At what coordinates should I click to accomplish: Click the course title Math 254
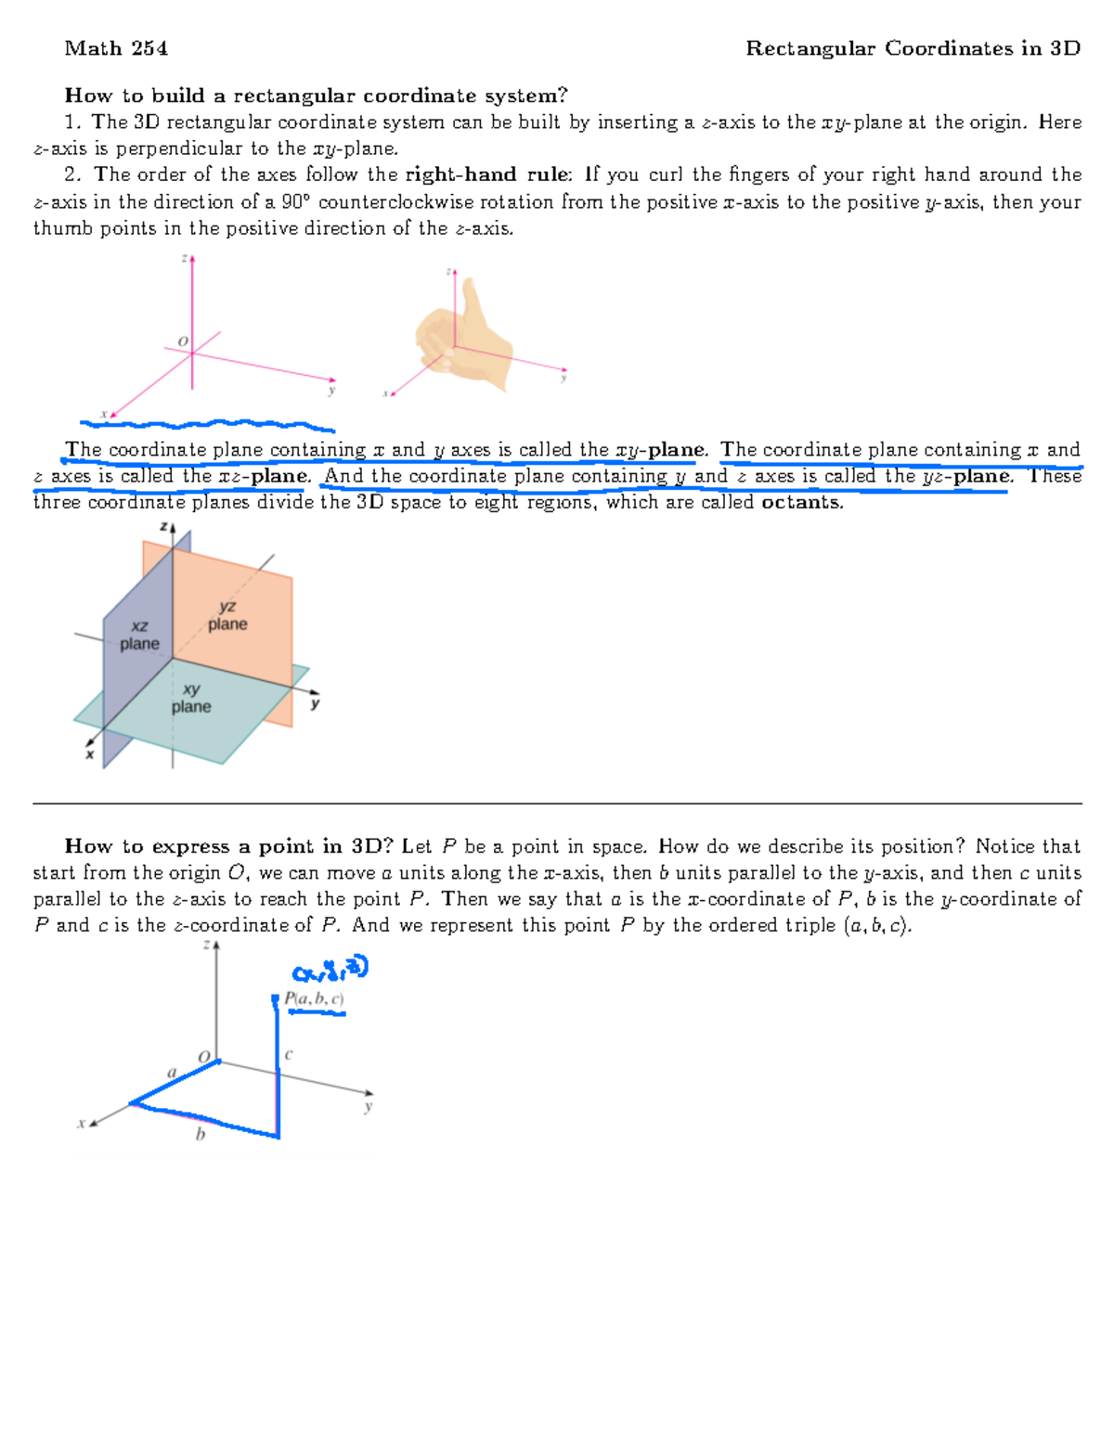(116, 48)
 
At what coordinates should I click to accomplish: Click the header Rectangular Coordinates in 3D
(913, 48)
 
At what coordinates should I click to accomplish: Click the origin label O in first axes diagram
(183, 342)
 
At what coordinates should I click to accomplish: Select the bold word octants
(802, 503)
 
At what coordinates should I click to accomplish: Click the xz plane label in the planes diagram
(139, 636)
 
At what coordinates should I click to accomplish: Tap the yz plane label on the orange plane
(227, 615)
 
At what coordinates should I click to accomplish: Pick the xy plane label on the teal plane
(191, 698)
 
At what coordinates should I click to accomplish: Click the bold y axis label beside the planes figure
(315, 704)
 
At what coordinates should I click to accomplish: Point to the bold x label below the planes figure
(90, 754)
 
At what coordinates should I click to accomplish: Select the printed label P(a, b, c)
(314, 999)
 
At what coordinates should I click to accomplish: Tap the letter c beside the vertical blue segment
(289, 1054)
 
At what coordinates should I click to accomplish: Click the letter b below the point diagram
(200, 1134)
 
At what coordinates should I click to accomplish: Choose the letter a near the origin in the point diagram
(171, 1073)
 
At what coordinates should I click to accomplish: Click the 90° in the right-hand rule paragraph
(296, 202)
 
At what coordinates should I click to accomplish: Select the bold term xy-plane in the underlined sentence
(660, 450)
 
